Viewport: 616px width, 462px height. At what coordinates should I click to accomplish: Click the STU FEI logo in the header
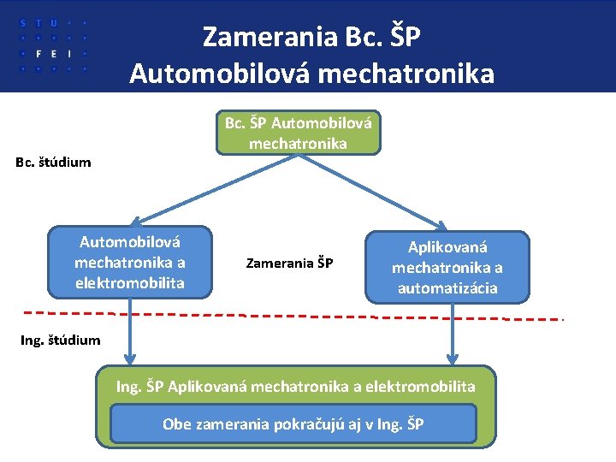coord(53,44)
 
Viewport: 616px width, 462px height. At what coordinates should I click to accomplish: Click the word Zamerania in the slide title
coord(268,38)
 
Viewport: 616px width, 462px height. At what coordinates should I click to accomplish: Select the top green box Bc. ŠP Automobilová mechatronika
coord(298,133)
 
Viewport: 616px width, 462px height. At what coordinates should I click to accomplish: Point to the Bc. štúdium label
coord(53,162)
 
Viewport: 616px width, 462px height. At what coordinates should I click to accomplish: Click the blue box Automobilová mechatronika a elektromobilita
coord(130,262)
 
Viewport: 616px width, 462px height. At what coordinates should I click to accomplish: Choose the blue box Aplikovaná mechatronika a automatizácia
coord(447,267)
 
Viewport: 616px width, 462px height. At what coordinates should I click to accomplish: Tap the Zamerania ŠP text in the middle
coord(289,264)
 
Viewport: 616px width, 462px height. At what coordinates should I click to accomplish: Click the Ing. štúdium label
coord(61,340)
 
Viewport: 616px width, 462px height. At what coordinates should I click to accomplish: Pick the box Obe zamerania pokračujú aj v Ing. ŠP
coord(293,423)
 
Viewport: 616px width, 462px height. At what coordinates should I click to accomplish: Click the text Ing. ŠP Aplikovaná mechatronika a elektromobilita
coord(295,387)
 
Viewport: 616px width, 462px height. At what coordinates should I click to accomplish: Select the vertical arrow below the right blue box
coord(453,335)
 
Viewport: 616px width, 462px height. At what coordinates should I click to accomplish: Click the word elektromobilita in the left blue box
coord(130,282)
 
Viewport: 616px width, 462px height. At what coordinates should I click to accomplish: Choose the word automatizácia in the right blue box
coord(447,287)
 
